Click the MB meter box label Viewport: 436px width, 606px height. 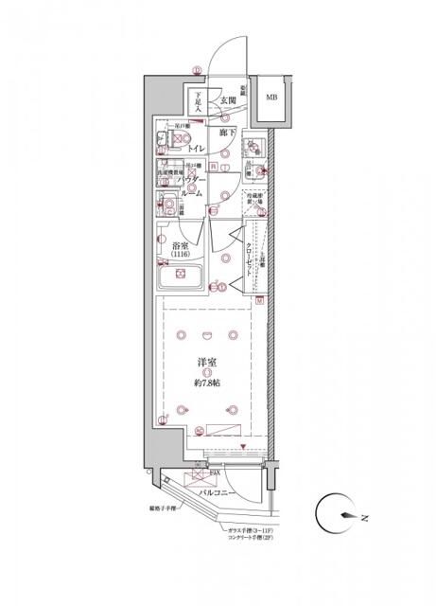(271, 98)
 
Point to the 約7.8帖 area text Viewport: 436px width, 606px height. (207, 383)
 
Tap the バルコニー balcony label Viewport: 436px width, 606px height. (217, 491)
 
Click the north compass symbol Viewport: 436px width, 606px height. (336, 516)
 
